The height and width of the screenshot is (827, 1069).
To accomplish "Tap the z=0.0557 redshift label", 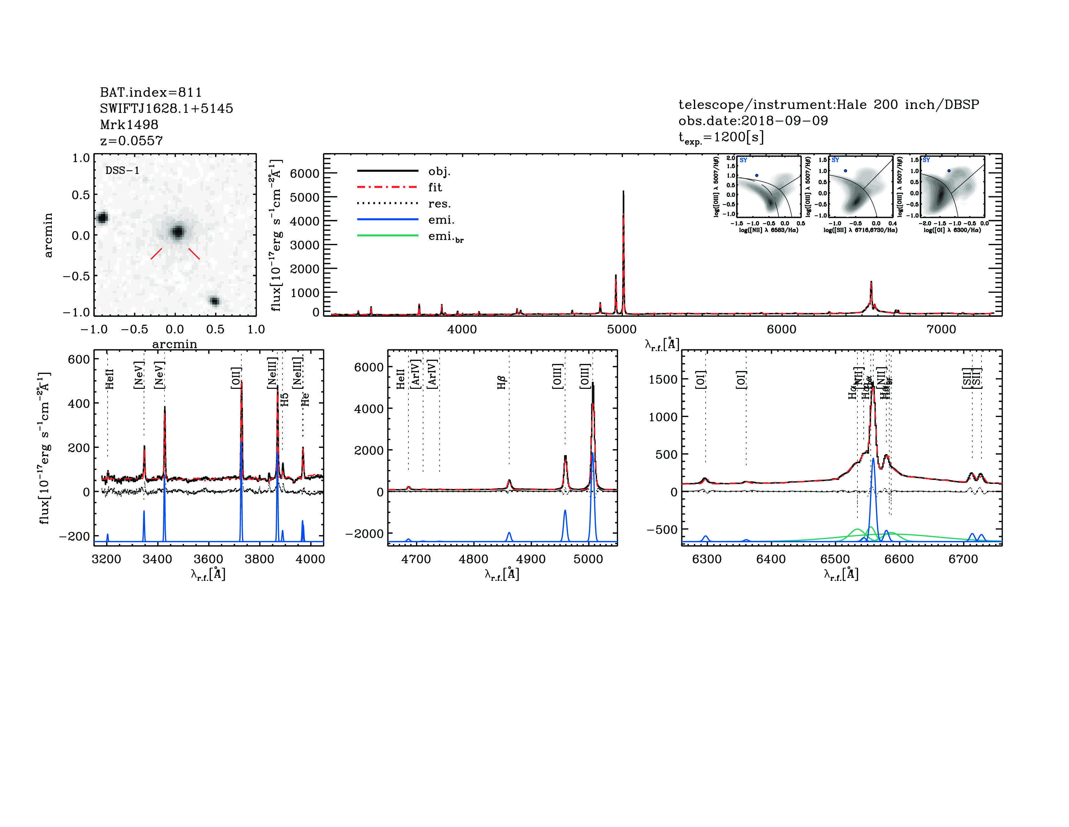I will (131, 141).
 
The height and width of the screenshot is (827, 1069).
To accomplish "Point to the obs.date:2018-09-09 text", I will (753, 121).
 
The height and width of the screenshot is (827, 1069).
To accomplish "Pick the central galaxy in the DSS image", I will (178, 232).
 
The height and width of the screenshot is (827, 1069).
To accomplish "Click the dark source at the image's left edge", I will (102, 218).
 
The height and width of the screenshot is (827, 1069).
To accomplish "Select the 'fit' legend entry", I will (435, 187).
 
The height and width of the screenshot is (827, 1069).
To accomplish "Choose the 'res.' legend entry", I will (439, 203).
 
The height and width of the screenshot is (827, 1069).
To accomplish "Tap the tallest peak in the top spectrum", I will (623, 192).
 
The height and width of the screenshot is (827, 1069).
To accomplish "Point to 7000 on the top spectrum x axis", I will (941, 329).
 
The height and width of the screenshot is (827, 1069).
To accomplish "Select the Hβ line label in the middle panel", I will (501, 383).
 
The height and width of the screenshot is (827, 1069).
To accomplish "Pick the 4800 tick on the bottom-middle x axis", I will (473, 559).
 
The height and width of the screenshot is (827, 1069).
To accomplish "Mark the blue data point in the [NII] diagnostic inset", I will (756, 175).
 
